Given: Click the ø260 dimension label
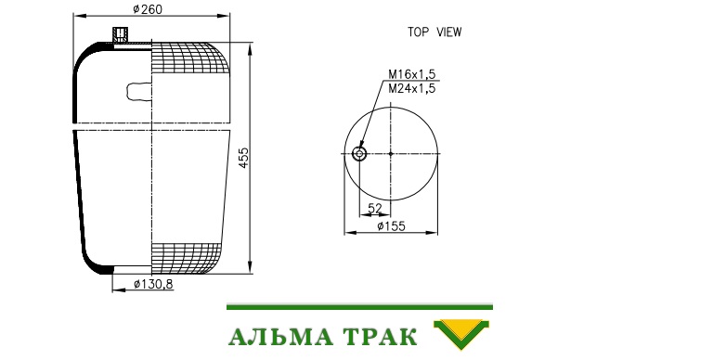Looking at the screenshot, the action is (148, 9).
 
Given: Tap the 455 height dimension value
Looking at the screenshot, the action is (244, 158).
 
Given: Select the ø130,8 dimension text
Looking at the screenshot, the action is (153, 285).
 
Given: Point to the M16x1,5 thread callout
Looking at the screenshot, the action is (411, 74).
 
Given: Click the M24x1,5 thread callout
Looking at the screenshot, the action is (411, 88).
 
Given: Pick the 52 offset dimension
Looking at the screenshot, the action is (375, 208).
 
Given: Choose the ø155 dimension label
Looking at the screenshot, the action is (391, 225).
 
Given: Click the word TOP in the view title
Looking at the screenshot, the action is (419, 32).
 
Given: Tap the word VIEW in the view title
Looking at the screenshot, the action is (448, 32).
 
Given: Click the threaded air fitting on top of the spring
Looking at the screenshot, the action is (121, 34).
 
